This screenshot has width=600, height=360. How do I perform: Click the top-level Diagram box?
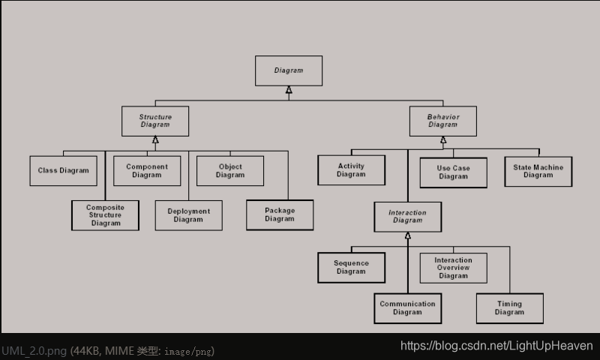[289, 70]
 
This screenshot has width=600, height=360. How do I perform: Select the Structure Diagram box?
[155, 121]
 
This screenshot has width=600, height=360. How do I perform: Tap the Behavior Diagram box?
[442, 121]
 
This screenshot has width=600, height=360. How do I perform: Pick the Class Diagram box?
[63, 170]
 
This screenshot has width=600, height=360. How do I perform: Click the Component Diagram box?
[147, 170]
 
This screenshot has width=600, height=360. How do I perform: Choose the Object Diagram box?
[230, 170]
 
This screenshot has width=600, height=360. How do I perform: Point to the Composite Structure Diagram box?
[105, 215]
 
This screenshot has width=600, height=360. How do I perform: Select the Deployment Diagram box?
[188, 215]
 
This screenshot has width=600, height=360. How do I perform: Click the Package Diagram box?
[280, 214]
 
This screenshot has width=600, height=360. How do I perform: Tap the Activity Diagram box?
[351, 170]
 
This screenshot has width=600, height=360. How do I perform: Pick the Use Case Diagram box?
[453, 172]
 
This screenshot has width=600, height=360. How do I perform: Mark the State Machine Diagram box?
[538, 171]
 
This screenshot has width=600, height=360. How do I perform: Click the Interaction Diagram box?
[407, 217]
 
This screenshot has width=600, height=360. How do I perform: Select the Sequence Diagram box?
[351, 267]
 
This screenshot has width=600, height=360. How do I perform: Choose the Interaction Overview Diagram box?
[453, 268]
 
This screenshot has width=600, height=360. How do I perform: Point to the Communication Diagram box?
[407, 307]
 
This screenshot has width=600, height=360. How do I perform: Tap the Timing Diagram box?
[509, 307]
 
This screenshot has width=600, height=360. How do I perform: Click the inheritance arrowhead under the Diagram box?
[289, 91]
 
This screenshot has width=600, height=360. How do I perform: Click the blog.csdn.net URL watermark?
[496, 346]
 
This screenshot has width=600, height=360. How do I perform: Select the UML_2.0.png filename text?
[34, 351]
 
